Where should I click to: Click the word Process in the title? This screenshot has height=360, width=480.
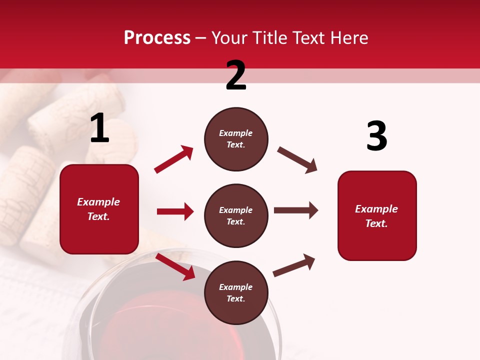pos(157,38)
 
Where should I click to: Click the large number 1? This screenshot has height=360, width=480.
pos(99,128)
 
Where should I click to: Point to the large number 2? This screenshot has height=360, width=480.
pos(236,75)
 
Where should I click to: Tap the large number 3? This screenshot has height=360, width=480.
pos(376,136)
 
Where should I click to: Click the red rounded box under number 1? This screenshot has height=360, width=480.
pos(99,209)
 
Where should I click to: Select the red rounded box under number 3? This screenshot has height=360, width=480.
pos(377,216)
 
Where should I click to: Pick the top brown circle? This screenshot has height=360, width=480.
pos(236,139)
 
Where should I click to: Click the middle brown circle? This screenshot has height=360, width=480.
pos(236,216)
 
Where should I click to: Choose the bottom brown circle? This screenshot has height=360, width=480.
pos(236,293)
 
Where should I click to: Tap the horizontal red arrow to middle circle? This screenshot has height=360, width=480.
pos(175,211)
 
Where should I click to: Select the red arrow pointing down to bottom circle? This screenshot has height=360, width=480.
pos(175,266)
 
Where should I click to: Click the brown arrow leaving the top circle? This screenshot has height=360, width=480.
pos(297,160)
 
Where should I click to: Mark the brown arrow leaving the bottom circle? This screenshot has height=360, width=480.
pos(294,265)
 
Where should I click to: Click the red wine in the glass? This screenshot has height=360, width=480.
pos(150,320)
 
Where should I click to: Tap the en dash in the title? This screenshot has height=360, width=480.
pos(201,38)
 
